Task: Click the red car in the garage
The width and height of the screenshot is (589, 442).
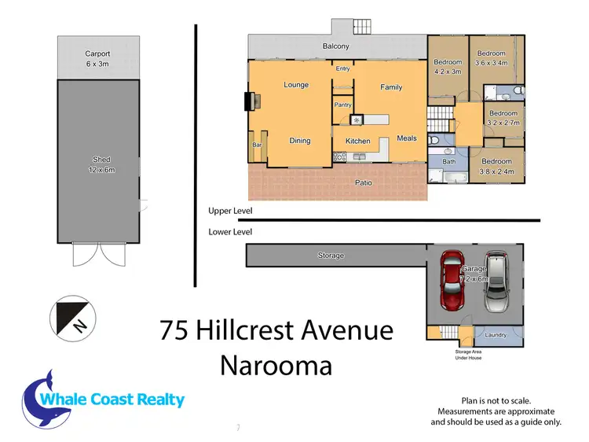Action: point(453,282)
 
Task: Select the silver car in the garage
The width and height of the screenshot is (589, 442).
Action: point(496,282)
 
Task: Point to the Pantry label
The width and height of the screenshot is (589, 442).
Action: point(342,104)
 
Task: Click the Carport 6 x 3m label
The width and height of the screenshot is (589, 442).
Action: point(98,59)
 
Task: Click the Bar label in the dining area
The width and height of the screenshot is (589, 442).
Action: point(256,145)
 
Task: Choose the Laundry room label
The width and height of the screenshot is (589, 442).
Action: point(495,334)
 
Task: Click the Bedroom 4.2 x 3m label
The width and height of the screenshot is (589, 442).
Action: point(448,65)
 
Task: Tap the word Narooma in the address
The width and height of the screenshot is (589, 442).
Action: point(276,365)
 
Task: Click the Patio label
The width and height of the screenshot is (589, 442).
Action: point(363,182)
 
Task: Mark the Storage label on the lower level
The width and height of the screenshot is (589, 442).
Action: point(331,256)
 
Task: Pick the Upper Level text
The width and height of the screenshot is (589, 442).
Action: point(230,212)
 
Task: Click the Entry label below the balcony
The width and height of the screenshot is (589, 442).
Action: point(342,68)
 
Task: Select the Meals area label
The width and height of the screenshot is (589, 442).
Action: point(407,138)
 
